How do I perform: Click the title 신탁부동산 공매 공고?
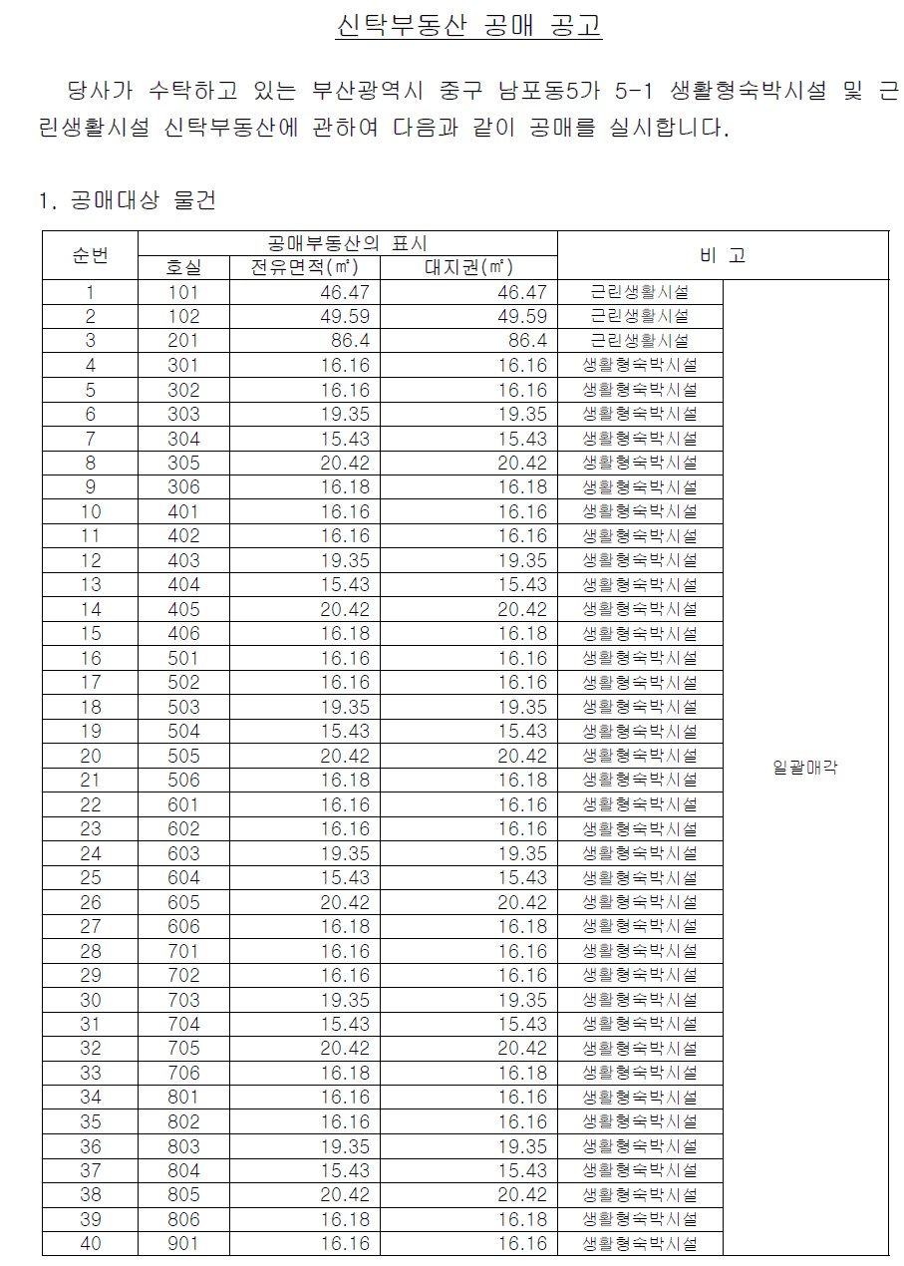pos(469,25)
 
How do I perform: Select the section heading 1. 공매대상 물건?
pos(127,200)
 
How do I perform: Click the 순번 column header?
pos(90,255)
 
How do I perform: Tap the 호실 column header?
pos(183,267)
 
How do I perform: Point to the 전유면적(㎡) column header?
pos(304,267)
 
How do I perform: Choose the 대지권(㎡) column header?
pos(468,267)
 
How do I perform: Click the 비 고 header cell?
pos(723,255)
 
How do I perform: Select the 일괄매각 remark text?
pos(804,768)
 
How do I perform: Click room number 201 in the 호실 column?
pos(183,341)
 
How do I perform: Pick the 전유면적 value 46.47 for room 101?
pos(345,292)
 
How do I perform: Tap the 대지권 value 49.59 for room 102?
pos(522,317)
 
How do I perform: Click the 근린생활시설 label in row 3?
pos(639,341)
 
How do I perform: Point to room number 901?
pos(183,1243)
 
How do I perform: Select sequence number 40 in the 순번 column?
pos(91,1243)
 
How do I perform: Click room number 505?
pos(183,756)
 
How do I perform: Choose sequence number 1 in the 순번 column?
pos(91,292)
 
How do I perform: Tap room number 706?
pos(183,1073)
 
